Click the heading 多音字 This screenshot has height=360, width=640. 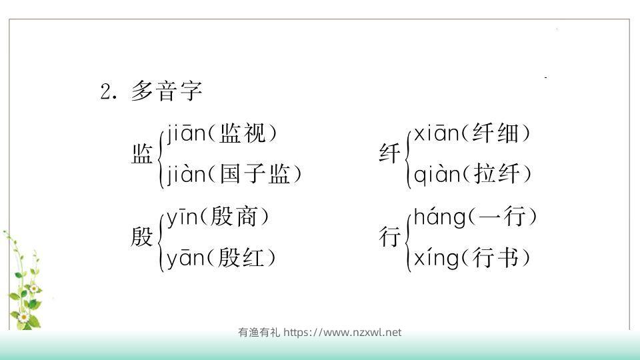click(x=167, y=91)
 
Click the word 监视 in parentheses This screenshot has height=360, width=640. click(x=239, y=134)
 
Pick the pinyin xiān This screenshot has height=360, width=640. click(x=437, y=134)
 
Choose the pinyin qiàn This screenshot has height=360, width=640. click(x=437, y=175)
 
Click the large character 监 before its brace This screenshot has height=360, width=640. click(x=142, y=155)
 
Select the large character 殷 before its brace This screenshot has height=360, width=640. click(x=142, y=237)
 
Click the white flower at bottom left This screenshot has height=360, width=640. click(x=24, y=318)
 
